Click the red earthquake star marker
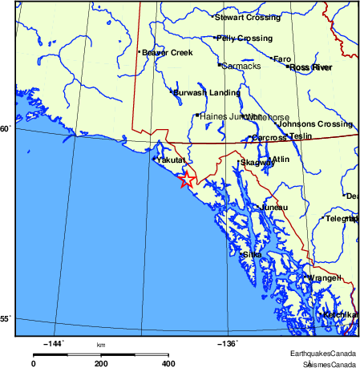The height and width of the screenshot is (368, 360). click(x=185, y=180)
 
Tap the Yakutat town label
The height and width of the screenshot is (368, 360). click(x=172, y=160)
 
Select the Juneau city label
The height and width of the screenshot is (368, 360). click(x=273, y=207)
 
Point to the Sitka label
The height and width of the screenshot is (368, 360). click(x=252, y=254)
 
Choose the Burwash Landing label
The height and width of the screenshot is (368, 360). click(x=206, y=92)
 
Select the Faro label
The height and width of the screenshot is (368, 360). click(x=282, y=59)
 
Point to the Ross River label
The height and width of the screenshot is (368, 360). click(x=310, y=68)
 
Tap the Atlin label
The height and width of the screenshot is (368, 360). click(x=281, y=160)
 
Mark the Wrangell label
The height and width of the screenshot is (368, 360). click(x=325, y=278)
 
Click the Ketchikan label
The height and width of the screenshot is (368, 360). click(x=340, y=315)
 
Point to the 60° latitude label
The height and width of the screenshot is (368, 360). click(x=6, y=128)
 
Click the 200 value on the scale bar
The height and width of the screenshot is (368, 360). click(x=101, y=363)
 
